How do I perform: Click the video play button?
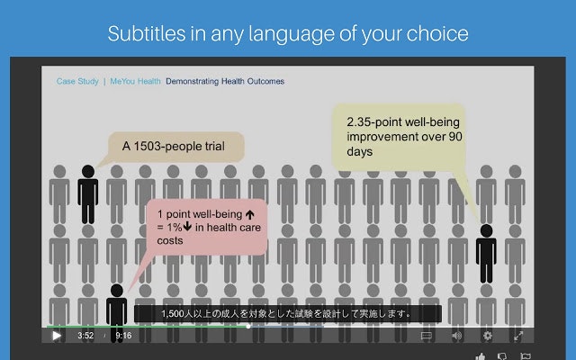coord(56,336)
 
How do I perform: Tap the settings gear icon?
coord(487,336)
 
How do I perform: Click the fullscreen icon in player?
coord(518,336)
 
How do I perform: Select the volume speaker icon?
coord(456,336)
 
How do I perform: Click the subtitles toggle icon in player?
coord(427,336)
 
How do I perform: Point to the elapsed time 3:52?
coord(85,336)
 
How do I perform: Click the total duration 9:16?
coord(123,336)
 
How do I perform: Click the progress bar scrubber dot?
coord(248,326)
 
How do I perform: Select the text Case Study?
coord(77,81)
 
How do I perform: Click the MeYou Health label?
coord(135,81)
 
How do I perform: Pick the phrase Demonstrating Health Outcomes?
coord(225,81)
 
